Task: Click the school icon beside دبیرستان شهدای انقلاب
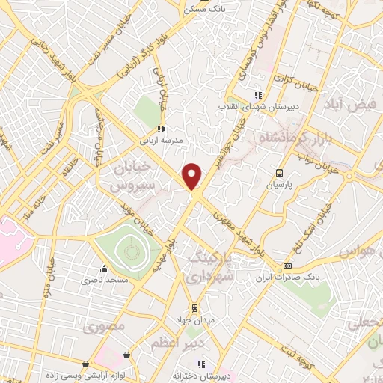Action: tap(258, 95)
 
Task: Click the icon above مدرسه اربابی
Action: tap(161, 129)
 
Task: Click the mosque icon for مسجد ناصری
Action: tap(105, 269)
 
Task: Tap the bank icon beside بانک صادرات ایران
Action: tap(287, 266)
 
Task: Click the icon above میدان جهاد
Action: tap(194, 307)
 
